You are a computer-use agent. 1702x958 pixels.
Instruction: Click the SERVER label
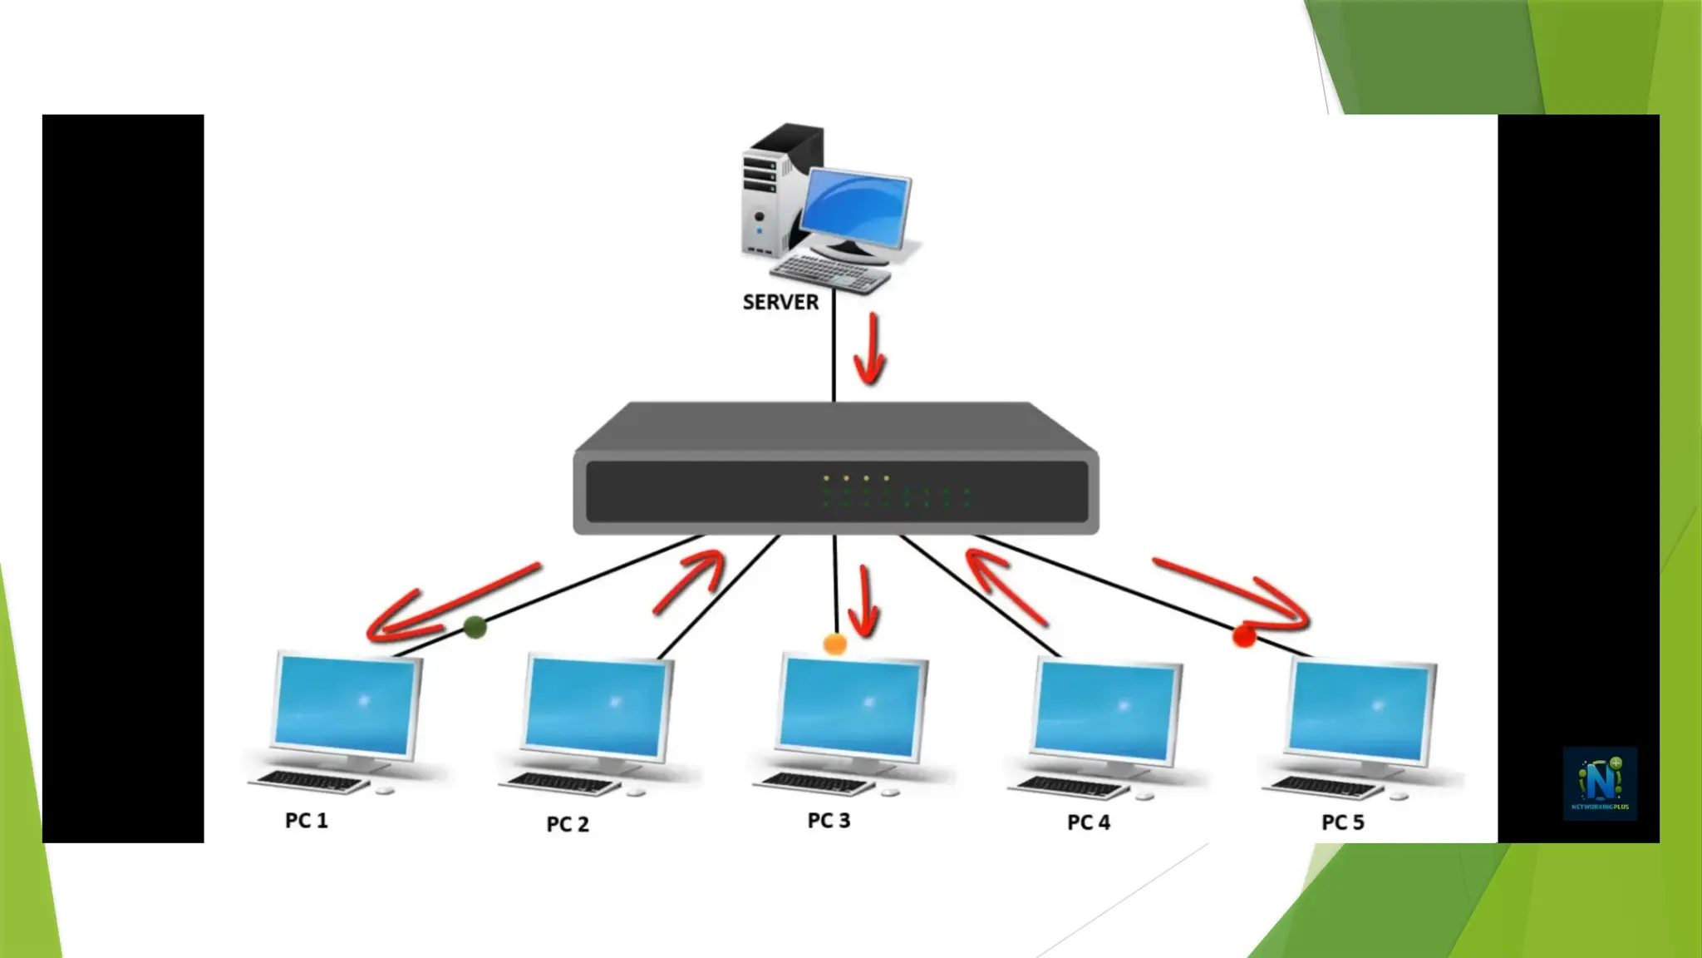pyautogui.click(x=780, y=302)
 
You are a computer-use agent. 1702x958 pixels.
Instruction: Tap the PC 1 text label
pyautogui.click(x=307, y=821)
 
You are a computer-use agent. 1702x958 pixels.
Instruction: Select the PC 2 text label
pyautogui.click(x=568, y=824)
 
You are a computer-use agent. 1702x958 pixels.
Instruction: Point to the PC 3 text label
pyautogui.click(x=829, y=821)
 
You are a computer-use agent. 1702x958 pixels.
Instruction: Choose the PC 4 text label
pyautogui.click(x=1089, y=822)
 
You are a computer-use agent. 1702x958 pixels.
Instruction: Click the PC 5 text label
pyautogui.click(x=1343, y=822)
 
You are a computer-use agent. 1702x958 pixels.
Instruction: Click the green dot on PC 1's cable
pyautogui.click(x=475, y=627)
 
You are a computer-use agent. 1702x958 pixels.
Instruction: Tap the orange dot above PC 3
pyautogui.click(x=834, y=644)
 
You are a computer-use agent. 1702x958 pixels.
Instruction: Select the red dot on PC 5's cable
pyautogui.click(x=1244, y=636)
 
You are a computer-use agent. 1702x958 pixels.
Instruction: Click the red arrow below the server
pyautogui.click(x=870, y=349)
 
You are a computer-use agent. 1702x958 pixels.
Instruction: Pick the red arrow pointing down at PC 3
pyautogui.click(x=864, y=603)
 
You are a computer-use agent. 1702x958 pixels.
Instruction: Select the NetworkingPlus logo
pyautogui.click(x=1600, y=783)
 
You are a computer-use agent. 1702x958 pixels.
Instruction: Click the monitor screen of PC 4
pyautogui.click(x=1106, y=710)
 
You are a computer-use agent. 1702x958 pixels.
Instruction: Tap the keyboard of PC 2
pyautogui.click(x=561, y=783)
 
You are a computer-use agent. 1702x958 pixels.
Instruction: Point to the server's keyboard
pyautogui.click(x=829, y=273)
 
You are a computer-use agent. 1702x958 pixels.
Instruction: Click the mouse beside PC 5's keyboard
pyautogui.click(x=1399, y=796)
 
